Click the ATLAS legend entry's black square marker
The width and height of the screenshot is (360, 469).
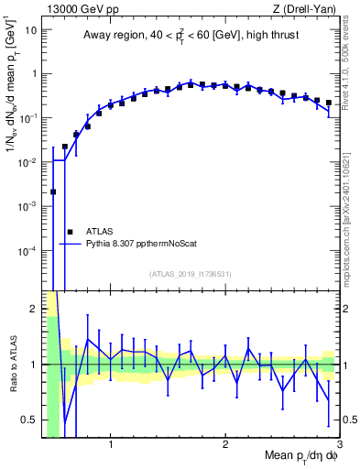click(69, 232)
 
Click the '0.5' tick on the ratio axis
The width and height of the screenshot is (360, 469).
click(27, 420)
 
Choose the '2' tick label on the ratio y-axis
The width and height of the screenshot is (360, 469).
click(32, 309)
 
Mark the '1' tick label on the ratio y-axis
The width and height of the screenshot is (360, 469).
click(32, 365)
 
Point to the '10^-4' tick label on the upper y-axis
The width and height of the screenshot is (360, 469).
click(26, 250)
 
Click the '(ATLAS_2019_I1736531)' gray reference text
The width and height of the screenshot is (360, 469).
click(191, 274)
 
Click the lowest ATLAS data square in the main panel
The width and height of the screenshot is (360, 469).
click(53, 192)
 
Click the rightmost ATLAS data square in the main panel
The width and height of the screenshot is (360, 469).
click(329, 103)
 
